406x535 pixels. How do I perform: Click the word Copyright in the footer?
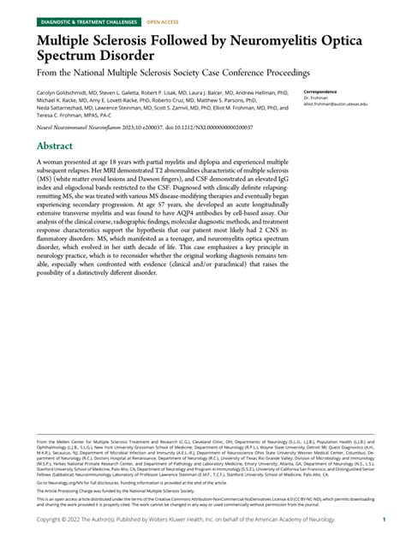[x=52, y=519]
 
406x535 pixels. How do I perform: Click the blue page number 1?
[x=386, y=519]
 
